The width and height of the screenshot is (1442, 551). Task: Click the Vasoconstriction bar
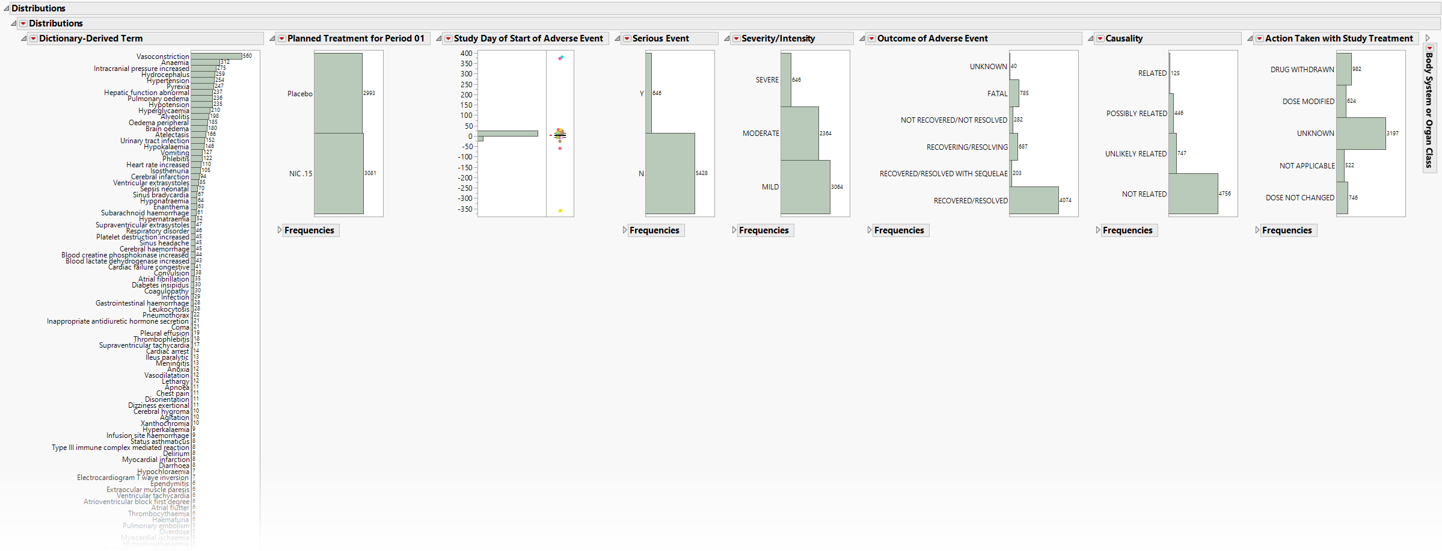click(216, 57)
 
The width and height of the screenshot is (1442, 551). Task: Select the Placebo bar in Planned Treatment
click(338, 93)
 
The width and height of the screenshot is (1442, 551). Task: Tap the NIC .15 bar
click(339, 173)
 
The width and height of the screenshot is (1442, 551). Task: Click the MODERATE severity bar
click(799, 134)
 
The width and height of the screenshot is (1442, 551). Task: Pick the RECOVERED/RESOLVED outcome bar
click(1034, 200)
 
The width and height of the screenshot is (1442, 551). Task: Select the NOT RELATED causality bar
click(1193, 194)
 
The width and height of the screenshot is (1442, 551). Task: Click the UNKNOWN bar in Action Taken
click(1361, 134)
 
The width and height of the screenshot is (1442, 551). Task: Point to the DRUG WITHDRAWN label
click(1302, 70)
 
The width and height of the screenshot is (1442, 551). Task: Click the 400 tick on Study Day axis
click(466, 54)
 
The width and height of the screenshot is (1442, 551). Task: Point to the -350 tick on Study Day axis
click(465, 209)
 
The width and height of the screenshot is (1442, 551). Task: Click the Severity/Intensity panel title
click(778, 38)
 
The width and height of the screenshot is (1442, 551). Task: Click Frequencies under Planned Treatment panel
click(309, 230)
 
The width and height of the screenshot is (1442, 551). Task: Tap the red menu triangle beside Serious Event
click(627, 38)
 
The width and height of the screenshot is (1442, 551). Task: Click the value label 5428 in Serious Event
click(702, 173)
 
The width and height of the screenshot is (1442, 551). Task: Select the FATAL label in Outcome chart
click(997, 94)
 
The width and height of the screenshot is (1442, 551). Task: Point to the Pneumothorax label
click(165, 315)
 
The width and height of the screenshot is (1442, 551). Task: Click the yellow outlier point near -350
click(560, 211)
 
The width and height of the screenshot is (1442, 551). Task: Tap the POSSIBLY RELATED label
click(1137, 114)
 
